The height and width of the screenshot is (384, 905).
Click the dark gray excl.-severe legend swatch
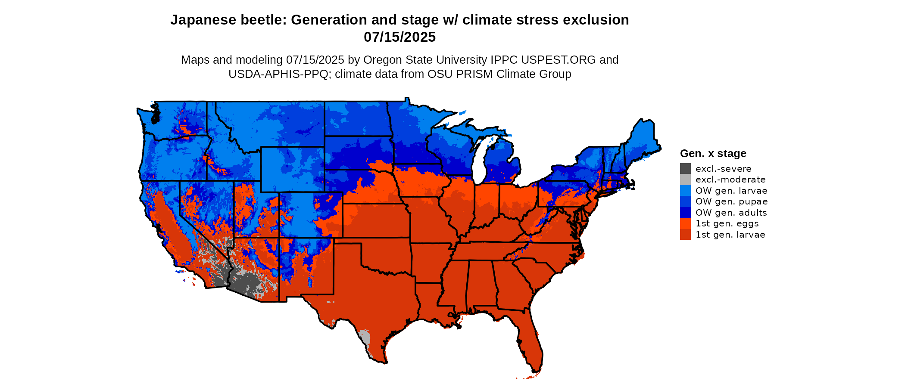click(x=685, y=169)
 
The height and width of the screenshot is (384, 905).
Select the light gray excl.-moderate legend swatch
click(x=685, y=180)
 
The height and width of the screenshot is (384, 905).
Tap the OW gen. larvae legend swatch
click(x=685, y=191)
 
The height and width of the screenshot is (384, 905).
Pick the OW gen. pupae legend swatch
click(x=685, y=201)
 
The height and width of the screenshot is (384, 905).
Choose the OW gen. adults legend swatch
click(x=685, y=213)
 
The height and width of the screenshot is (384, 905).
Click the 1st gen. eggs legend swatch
click(x=685, y=223)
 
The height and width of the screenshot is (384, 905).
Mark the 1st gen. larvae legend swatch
click(x=685, y=235)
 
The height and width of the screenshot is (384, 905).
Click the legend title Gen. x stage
click(x=713, y=153)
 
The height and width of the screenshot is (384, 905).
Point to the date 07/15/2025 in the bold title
click(x=399, y=37)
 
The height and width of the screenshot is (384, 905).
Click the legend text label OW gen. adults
click(x=731, y=213)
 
